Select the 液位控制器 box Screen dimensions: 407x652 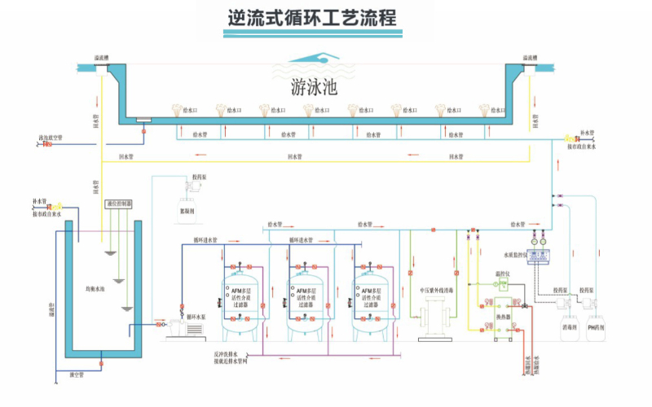(120, 203)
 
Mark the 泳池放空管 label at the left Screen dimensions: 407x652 (51, 138)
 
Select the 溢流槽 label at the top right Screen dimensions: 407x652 (529, 58)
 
